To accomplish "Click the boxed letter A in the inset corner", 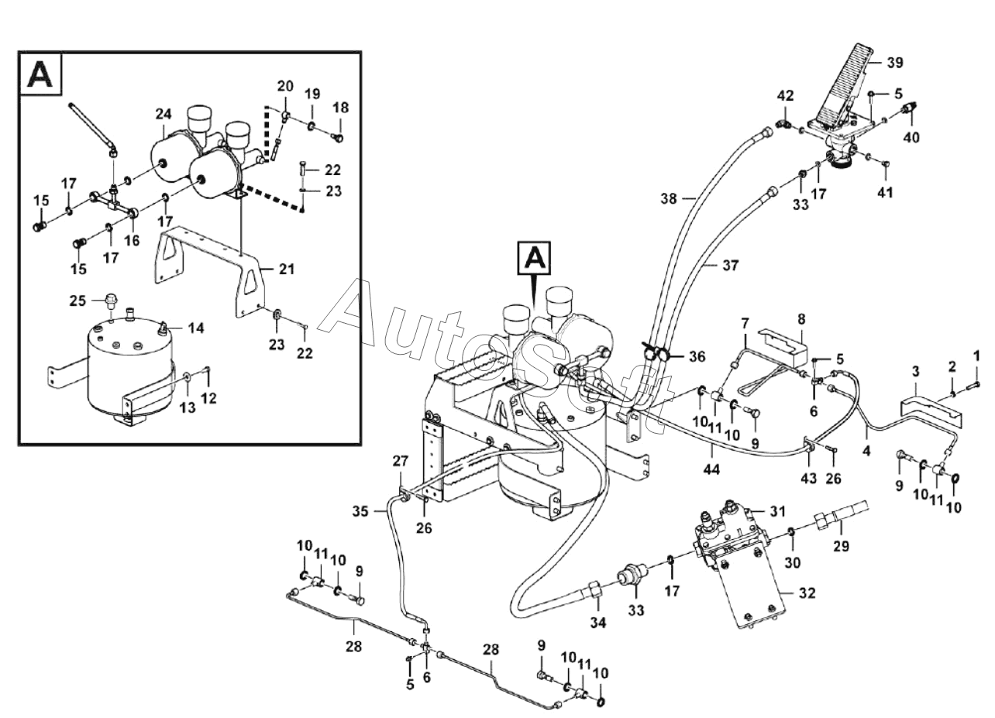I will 40,74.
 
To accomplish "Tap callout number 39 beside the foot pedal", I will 894,61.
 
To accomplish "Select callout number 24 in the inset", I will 163,115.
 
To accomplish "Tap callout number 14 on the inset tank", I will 196,328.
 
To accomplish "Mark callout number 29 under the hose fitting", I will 842,545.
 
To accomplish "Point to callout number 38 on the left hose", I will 669,198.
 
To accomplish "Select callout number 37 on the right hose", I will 730,266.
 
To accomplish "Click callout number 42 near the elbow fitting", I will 786,96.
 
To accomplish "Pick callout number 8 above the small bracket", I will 801,318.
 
